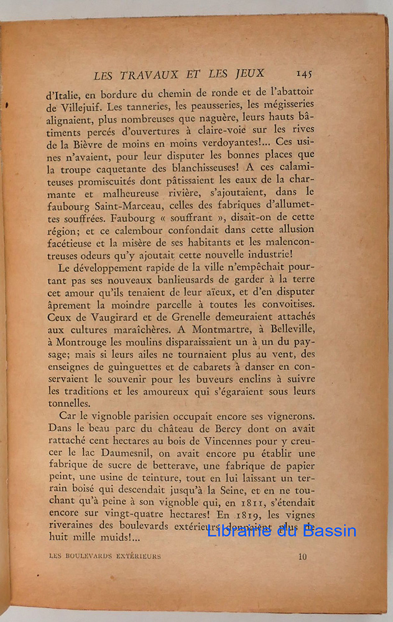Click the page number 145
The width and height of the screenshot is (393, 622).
click(x=304, y=73)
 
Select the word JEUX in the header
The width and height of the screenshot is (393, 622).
click(x=248, y=74)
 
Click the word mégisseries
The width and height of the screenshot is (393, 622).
click(x=281, y=104)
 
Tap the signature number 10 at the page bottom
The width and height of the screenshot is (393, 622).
click(x=302, y=557)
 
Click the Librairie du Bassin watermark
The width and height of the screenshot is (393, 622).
click(x=281, y=531)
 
